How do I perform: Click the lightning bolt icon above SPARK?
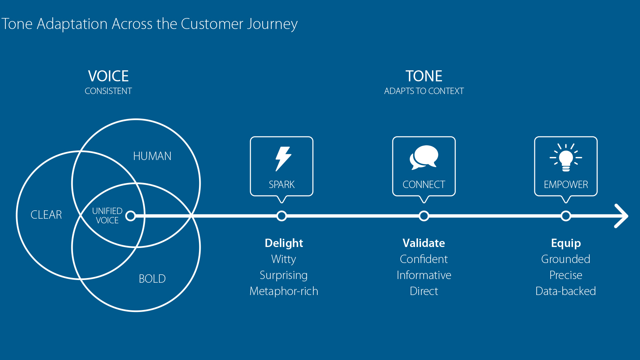pyautogui.click(x=283, y=159)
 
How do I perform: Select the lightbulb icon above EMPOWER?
pyautogui.click(x=566, y=158)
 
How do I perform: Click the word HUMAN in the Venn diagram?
pyautogui.click(x=152, y=156)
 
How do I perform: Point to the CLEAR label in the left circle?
pyautogui.click(x=46, y=215)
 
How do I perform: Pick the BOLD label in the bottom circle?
pyautogui.click(x=152, y=279)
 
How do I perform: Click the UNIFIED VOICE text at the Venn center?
pyautogui.click(x=107, y=216)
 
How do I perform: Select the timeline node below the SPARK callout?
pyautogui.click(x=282, y=216)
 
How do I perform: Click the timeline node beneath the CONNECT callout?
pyautogui.click(x=424, y=216)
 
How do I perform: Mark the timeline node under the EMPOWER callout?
pyautogui.click(x=566, y=216)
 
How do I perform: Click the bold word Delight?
pyautogui.click(x=284, y=243)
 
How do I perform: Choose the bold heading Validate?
pyautogui.click(x=424, y=243)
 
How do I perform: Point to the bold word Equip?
pyautogui.click(x=566, y=243)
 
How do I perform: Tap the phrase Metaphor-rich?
pyautogui.click(x=284, y=291)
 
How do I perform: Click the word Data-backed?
pyautogui.click(x=566, y=291)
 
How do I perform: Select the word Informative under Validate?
pyautogui.click(x=424, y=275)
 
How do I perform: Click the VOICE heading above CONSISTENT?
pyautogui.click(x=108, y=76)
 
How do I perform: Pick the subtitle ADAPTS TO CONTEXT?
pyautogui.click(x=424, y=91)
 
